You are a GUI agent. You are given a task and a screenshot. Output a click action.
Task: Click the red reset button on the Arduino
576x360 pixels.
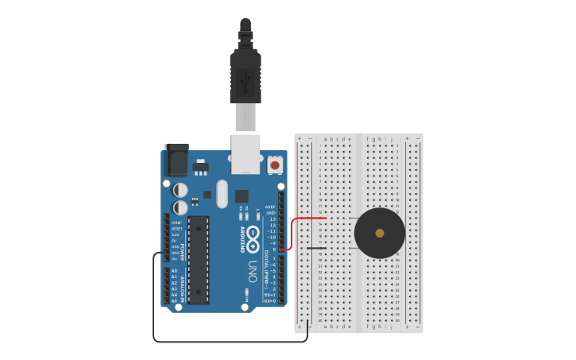pyautogui.click(x=275, y=165)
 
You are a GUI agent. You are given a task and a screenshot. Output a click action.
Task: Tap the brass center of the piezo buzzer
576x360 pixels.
pyautogui.click(x=380, y=233)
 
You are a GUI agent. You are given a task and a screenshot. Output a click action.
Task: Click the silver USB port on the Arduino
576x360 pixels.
pyautogui.click(x=245, y=153)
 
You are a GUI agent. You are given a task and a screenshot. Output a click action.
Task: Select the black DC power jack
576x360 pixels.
pyautogui.click(x=176, y=161)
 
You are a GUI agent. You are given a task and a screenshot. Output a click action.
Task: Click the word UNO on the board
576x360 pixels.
pyautogui.click(x=253, y=265)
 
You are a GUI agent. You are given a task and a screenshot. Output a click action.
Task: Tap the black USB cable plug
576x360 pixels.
pyautogui.click(x=245, y=75)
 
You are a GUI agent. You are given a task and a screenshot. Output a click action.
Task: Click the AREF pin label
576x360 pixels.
pyautogui.click(x=270, y=207)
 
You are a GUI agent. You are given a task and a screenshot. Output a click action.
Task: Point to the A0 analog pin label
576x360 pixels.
pyautogui.click(x=174, y=271)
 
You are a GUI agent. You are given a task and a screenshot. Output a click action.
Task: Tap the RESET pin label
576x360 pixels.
pyautogui.click(x=176, y=229)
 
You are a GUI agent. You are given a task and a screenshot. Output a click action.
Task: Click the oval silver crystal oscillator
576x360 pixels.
pyautogui.click(x=222, y=193)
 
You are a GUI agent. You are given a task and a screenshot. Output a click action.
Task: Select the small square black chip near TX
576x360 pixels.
pyautogui.click(x=242, y=195)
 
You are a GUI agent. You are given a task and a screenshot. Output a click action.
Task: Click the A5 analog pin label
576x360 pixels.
pyautogui.click(x=174, y=301)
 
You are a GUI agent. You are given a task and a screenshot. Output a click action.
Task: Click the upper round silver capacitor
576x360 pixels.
pyautogui.click(x=180, y=190)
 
